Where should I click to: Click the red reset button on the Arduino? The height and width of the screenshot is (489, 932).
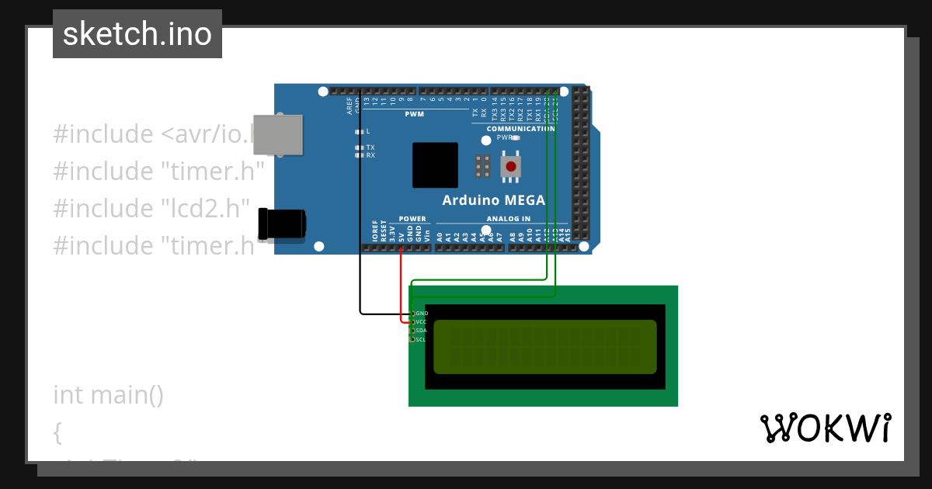(510, 166)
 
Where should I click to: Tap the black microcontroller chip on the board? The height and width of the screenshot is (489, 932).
(435, 165)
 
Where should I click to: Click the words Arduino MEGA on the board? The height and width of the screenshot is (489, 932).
(493, 200)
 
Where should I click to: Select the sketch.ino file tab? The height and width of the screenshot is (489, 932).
(137, 34)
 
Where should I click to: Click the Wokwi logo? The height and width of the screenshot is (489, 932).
(825, 428)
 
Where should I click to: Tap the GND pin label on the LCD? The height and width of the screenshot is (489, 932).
(423, 314)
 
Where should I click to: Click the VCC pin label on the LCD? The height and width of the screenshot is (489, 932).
(422, 321)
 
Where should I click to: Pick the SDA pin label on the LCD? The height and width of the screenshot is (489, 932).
(422, 331)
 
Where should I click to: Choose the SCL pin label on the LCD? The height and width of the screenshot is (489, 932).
(421, 339)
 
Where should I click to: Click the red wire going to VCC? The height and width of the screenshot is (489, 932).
(401, 287)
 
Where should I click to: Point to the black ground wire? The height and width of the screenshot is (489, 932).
(360, 233)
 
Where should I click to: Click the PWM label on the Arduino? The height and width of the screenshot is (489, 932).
(414, 115)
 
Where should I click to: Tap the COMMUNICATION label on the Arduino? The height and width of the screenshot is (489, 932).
(520, 129)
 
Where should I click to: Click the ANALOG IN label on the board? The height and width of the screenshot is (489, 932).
(509, 219)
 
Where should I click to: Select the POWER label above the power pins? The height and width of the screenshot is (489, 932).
(412, 219)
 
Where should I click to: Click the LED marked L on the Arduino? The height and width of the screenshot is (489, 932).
(359, 131)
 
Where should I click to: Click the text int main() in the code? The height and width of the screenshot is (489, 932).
(109, 395)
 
